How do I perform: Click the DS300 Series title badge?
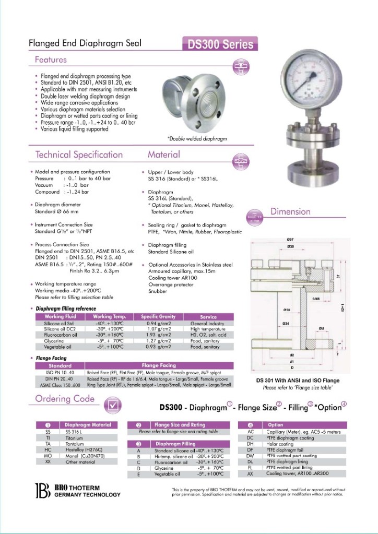pos(220,44)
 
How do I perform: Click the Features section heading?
pos(51,60)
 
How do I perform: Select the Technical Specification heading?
pos(79,155)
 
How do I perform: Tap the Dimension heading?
pos(290,211)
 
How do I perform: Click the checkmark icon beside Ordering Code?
pos(114,405)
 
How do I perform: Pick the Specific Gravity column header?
pos(158,316)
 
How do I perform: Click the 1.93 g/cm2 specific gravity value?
pos(159,335)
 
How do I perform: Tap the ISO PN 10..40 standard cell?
pos(60,373)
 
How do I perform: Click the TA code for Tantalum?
pos(48,444)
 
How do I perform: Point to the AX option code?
pos(251,473)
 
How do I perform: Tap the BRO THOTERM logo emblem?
pos(42,491)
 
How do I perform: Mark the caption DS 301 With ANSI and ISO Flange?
pos(298,381)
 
